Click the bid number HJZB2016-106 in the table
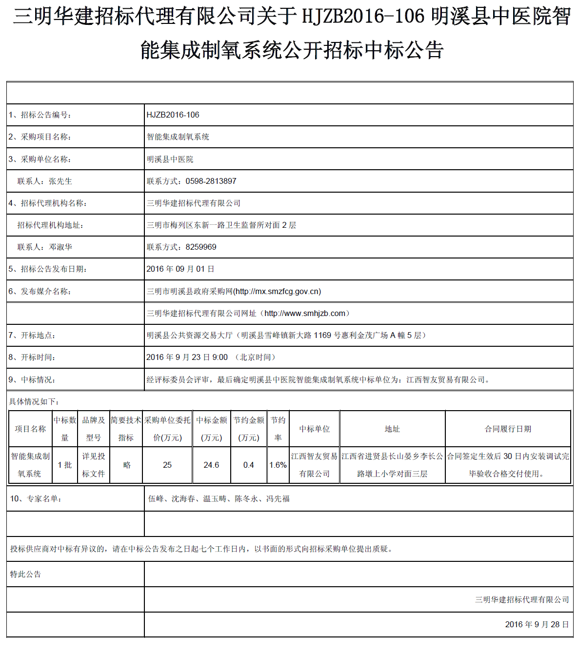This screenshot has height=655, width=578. pos(173,115)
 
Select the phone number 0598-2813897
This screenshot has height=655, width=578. pos(211,181)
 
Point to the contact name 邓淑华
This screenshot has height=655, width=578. pos(60,247)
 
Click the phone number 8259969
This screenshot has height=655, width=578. pos(201,247)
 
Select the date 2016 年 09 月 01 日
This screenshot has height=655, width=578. pos(180,269)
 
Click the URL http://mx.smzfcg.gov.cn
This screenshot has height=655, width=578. pos(277,292)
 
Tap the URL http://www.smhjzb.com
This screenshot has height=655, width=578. pos(305,314)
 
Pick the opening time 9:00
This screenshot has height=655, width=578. pos(220,357)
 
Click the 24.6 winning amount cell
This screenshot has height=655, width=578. pos(211,465)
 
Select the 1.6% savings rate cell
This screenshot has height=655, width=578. pos(278,465)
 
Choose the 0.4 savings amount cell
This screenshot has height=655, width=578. pos(248,465)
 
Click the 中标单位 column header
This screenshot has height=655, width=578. pos(315,429)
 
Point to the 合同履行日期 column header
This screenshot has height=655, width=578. pos(508,429)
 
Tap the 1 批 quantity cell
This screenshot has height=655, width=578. pos(65,465)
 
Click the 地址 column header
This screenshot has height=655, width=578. pos(392,429)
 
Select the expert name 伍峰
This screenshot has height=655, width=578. pos(156,499)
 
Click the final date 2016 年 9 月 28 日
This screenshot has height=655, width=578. pos(537,625)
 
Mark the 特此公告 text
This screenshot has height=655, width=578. pos(25,575)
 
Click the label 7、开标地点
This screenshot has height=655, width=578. pos(32,336)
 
